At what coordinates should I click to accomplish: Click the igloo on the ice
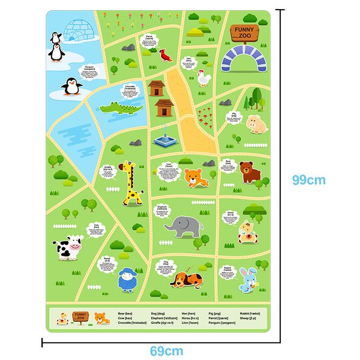(77, 31)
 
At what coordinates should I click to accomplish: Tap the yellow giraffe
(131, 183)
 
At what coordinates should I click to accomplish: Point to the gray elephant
(184, 227)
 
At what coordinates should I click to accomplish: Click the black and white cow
(66, 248)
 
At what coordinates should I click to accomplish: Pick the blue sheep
(125, 280)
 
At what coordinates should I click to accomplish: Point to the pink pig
(256, 123)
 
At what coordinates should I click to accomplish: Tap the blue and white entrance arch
(244, 59)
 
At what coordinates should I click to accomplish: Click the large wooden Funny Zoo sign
(244, 31)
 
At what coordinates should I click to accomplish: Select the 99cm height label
(308, 179)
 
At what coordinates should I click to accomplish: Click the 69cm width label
(166, 351)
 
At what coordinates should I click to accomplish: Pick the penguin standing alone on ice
(72, 88)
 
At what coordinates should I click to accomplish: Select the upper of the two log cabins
(157, 88)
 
